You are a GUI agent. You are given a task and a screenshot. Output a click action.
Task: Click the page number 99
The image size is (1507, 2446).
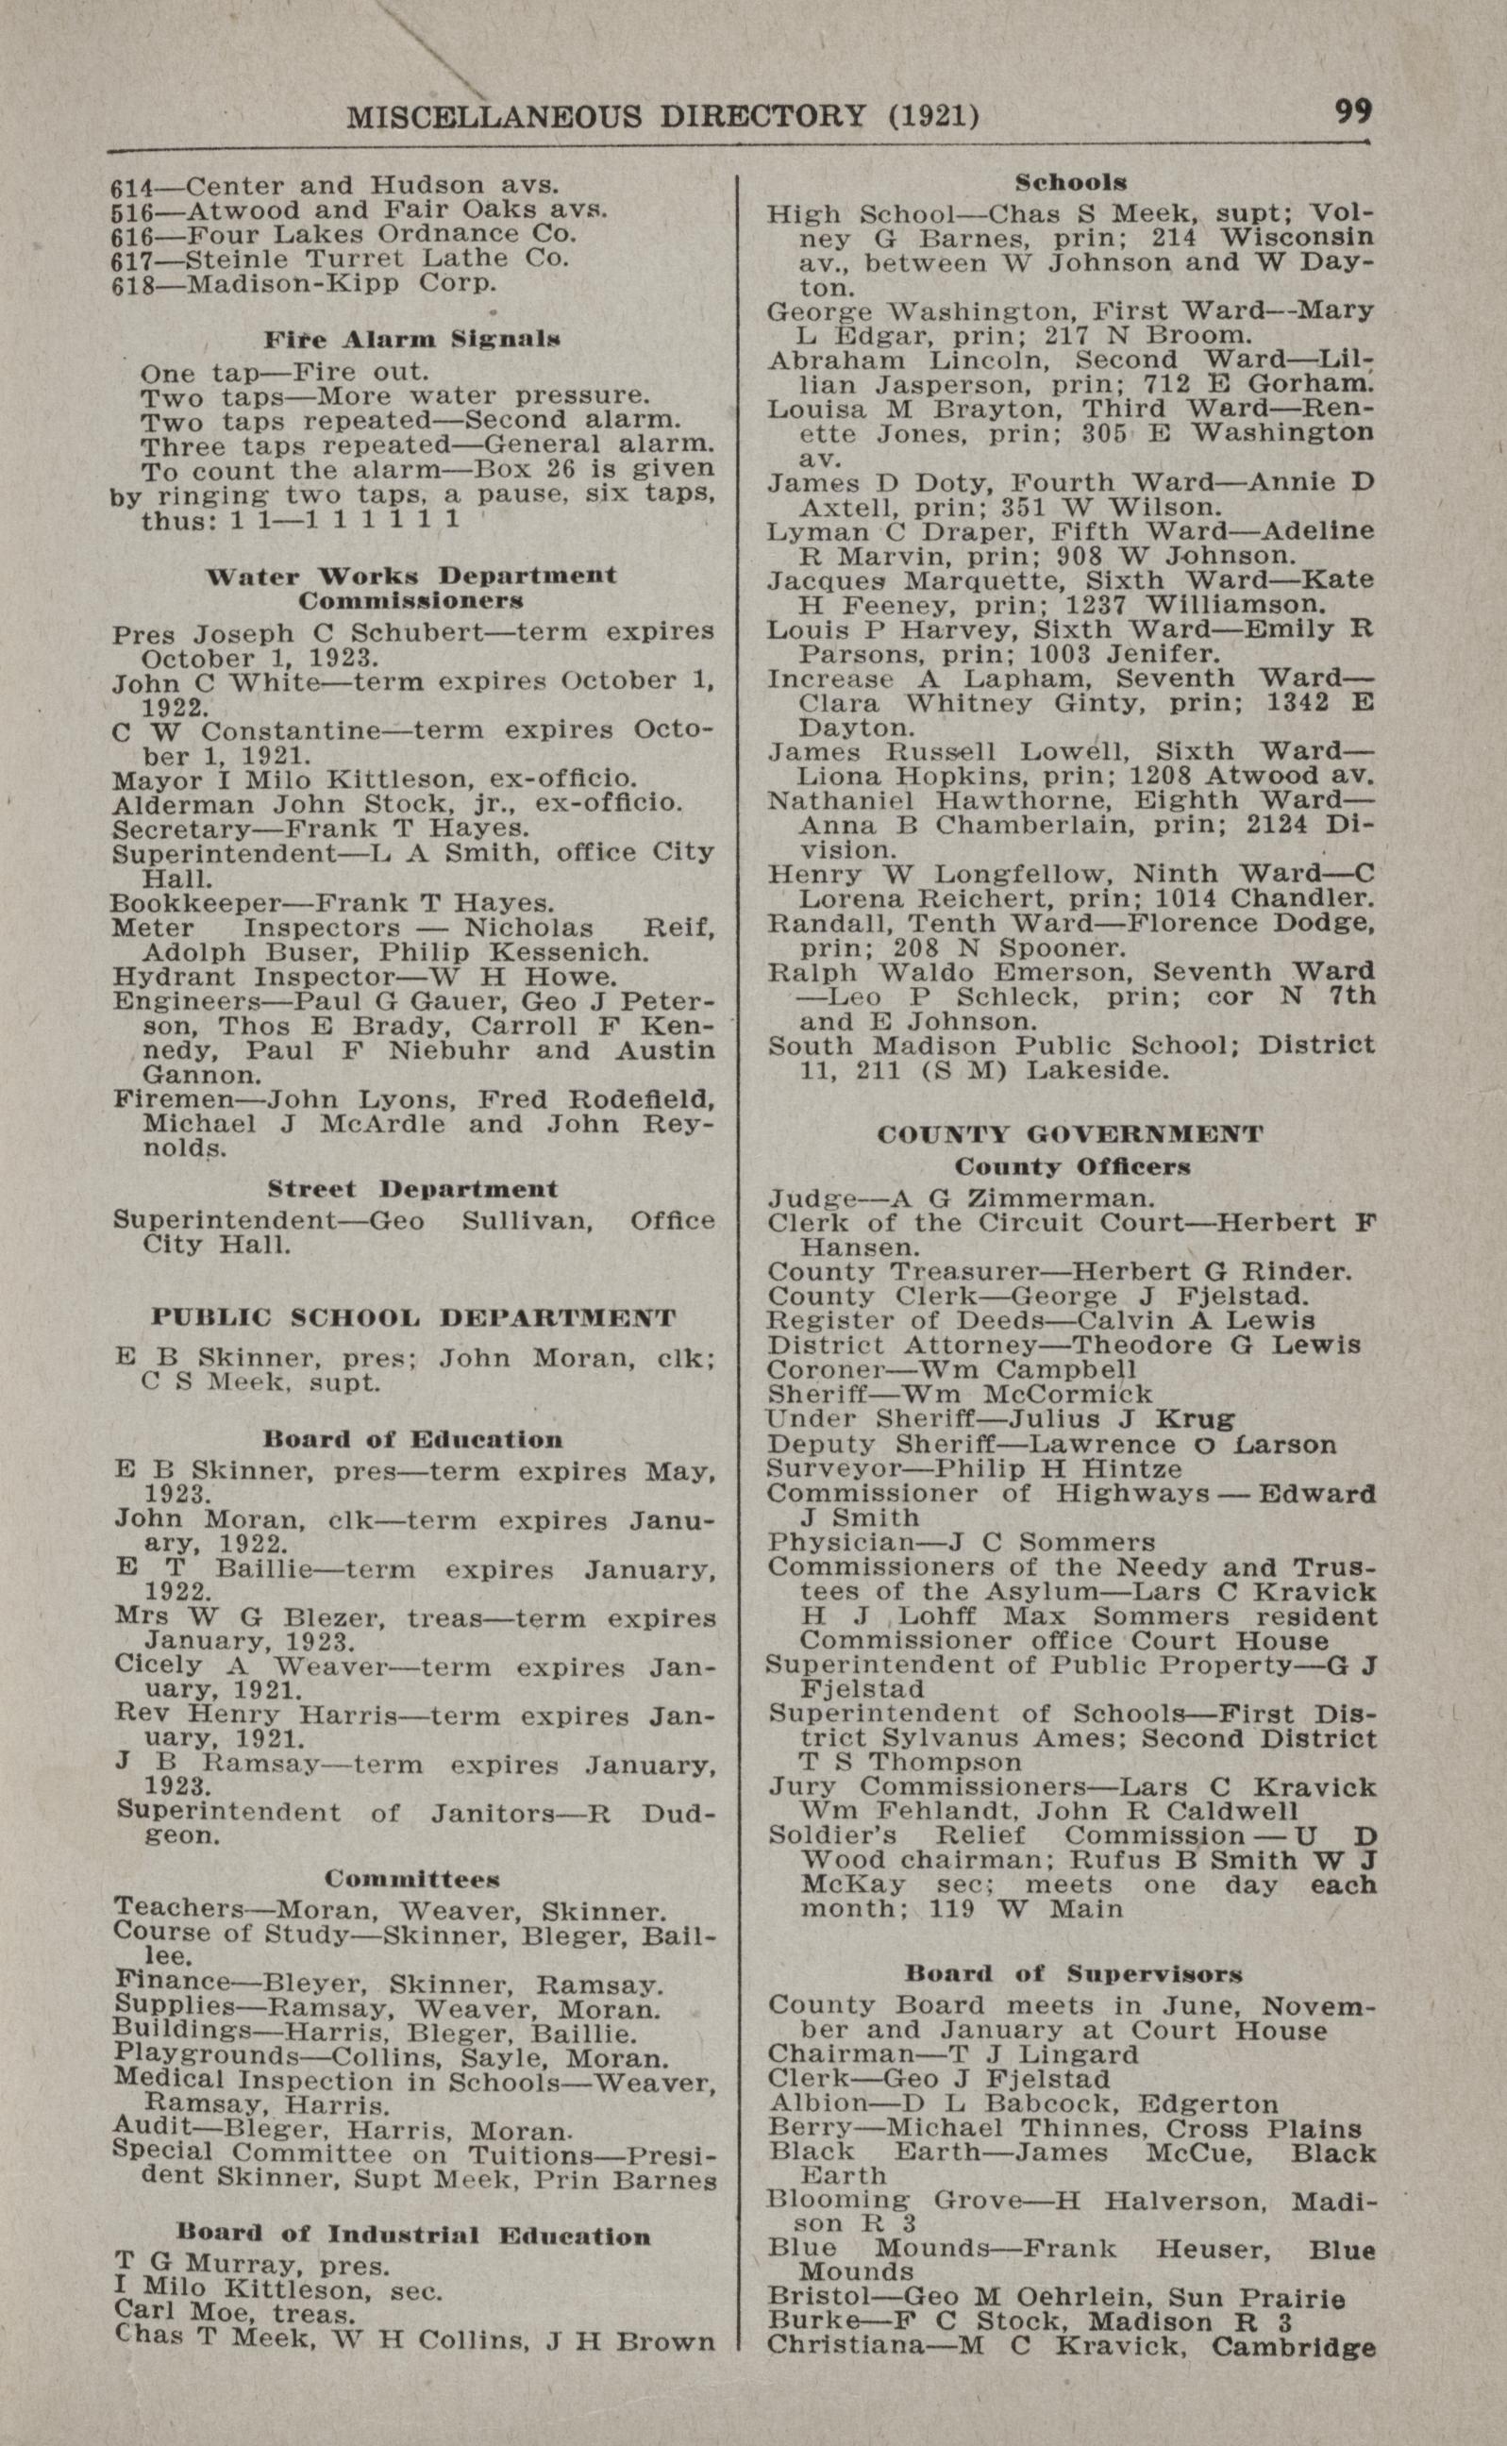click(1352, 110)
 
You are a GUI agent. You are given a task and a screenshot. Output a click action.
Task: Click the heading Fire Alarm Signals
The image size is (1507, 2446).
click(411, 340)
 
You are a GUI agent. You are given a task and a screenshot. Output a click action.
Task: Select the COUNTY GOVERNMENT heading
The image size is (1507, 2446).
click(1070, 1134)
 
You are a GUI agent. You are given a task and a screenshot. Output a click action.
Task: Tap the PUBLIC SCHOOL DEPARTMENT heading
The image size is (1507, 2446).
click(413, 1317)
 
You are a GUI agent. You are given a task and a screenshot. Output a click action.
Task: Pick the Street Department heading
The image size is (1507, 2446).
click(411, 1189)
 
